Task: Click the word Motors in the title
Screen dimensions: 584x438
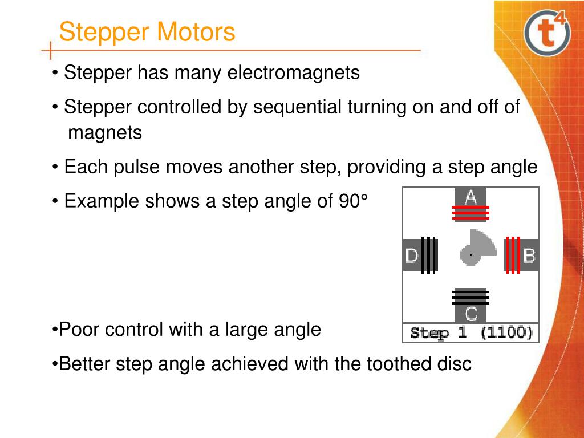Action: (x=196, y=32)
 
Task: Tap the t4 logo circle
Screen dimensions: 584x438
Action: (x=547, y=33)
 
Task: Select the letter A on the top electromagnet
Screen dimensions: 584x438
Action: (x=471, y=197)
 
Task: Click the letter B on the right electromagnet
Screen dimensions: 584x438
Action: (x=529, y=255)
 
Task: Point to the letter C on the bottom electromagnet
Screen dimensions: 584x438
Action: (x=471, y=314)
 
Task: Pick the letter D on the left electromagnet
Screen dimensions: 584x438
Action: (x=412, y=255)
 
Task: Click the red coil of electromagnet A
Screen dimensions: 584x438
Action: (x=471, y=213)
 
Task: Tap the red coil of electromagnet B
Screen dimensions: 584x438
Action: (x=513, y=255)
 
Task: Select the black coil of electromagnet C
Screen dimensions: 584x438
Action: (x=471, y=297)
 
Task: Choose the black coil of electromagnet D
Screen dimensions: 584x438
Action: (x=429, y=255)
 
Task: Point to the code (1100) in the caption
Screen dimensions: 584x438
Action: (x=506, y=332)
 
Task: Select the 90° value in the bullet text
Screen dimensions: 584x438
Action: (x=353, y=201)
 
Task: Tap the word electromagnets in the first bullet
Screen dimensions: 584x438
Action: (x=294, y=72)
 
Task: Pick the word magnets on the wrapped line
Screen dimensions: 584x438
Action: (x=105, y=132)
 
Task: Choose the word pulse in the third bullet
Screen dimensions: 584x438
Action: (x=136, y=167)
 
